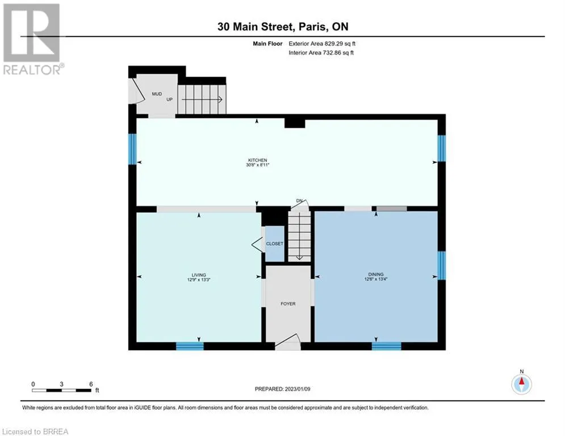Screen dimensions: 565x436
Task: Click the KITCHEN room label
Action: click(x=257, y=160)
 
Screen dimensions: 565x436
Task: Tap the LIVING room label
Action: click(x=199, y=275)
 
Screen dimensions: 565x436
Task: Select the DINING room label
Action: click(x=376, y=274)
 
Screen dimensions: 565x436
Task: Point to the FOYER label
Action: click(x=288, y=304)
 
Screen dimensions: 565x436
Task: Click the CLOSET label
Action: click(x=275, y=244)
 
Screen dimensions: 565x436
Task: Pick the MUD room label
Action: click(x=157, y=94)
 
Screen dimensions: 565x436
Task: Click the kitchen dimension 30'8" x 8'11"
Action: click(x=258, y=165)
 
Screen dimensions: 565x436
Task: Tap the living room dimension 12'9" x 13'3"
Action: click(x=199, y=280)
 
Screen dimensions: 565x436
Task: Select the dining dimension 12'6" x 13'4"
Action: click(x=376, y=279)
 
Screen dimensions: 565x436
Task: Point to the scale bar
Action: click(x=61, y=390)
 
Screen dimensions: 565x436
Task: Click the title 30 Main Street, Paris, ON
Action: click(x=283, y=27)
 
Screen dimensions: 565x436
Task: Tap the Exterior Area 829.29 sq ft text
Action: click(x=322, y=44)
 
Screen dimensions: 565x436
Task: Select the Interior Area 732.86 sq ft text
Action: click(x=321, y=53)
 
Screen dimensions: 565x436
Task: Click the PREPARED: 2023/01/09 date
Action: click(x=283, y=389)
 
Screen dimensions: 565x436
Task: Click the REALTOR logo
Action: click(x=32, y=39)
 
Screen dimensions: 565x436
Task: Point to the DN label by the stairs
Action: click(x=299, y=201)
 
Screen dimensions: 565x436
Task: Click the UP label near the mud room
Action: click(x=169, y=99)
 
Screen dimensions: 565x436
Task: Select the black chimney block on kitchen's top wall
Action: click(x=295, y=123)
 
